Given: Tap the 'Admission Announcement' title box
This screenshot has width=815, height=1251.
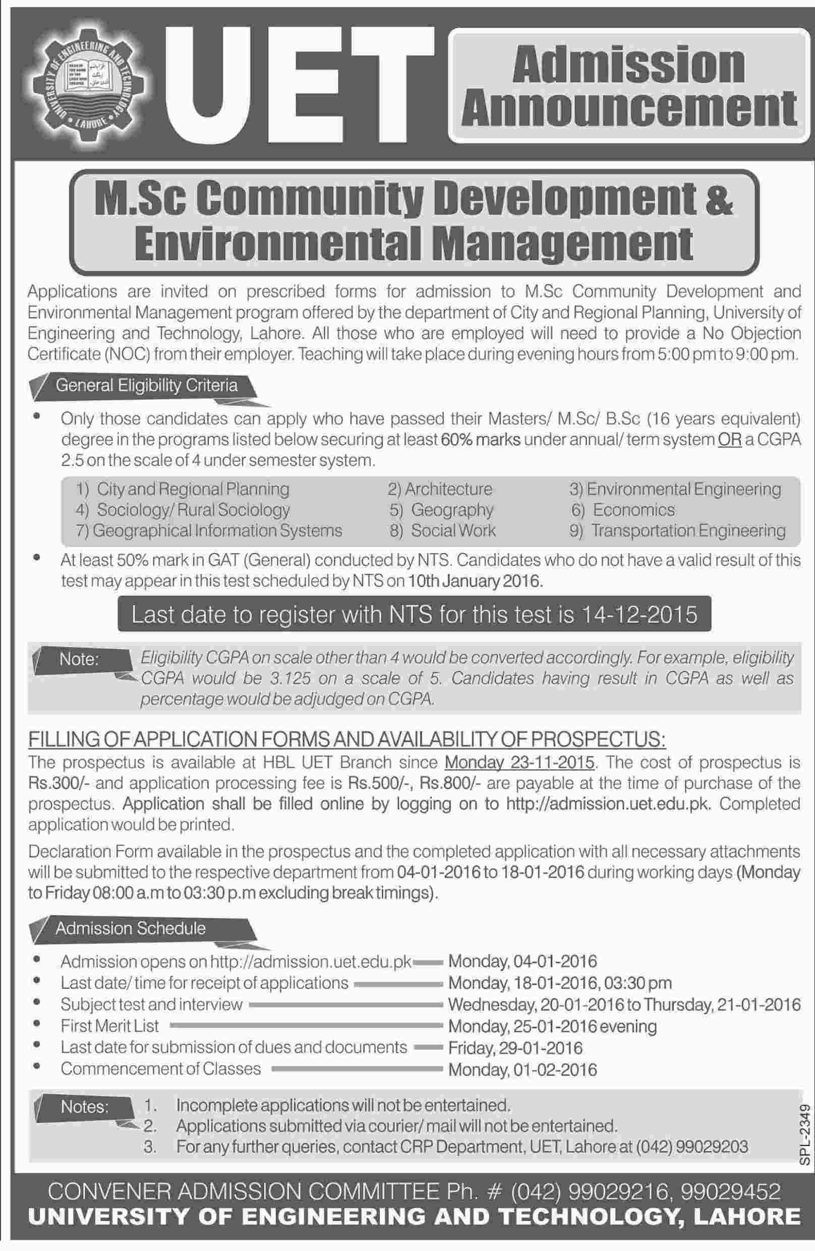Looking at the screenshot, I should click(628, 86).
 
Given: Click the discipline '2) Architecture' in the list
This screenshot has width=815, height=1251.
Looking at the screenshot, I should click(440, 489).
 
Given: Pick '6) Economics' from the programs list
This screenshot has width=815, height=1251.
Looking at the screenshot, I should click(623, 510).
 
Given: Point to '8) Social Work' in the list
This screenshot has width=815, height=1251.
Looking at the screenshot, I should click(442, 530).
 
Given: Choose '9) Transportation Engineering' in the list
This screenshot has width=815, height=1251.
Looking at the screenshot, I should click(678, 530).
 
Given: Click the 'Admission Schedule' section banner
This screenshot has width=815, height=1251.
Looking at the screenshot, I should click(130, 928).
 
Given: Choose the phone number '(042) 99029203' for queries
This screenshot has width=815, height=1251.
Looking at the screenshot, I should click(691, 1147).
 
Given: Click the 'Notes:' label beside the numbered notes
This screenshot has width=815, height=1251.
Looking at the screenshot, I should click(85, 1107).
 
